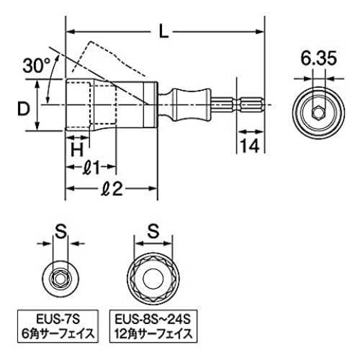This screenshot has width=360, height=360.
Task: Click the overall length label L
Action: click(x=164, y=31)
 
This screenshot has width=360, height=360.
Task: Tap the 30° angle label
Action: click(x=36, y=66)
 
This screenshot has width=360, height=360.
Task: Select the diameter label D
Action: click(x=24, y=109)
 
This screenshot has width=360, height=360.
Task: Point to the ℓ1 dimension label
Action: click(x=91, y=168)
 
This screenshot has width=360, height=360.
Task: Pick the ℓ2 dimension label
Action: click(x=112, y=189)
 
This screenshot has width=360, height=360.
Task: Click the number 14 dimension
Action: click(x=250, y=145)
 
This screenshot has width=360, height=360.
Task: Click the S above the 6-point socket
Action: click(x=60, y=231)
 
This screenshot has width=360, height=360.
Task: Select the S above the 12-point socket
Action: click(x=153, y=231)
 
